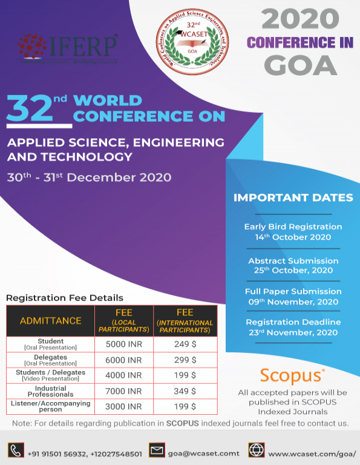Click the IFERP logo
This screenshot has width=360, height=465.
coord(67,49)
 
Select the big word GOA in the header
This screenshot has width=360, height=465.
coord(301,65)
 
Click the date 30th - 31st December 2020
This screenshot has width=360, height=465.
coord(89,177)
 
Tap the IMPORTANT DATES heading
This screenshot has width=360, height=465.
coord(293,198)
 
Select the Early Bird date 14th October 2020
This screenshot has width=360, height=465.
coord(293,237)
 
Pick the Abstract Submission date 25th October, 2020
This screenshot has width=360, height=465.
coord(293,271)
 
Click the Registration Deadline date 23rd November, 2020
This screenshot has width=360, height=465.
coord(293,332)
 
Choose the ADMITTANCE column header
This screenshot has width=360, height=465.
coord(50,320)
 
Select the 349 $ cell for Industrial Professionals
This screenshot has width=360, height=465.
coord(185,392)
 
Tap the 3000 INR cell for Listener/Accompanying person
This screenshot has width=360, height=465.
coord(123,407)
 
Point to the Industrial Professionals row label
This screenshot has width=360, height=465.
coord(50,392)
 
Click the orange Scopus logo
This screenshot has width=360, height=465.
coord(292,375)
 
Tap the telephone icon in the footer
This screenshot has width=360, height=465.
coord(15,450)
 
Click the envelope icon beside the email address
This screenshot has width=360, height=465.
coord(157,450)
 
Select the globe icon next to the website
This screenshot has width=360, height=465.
coord(256,450)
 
